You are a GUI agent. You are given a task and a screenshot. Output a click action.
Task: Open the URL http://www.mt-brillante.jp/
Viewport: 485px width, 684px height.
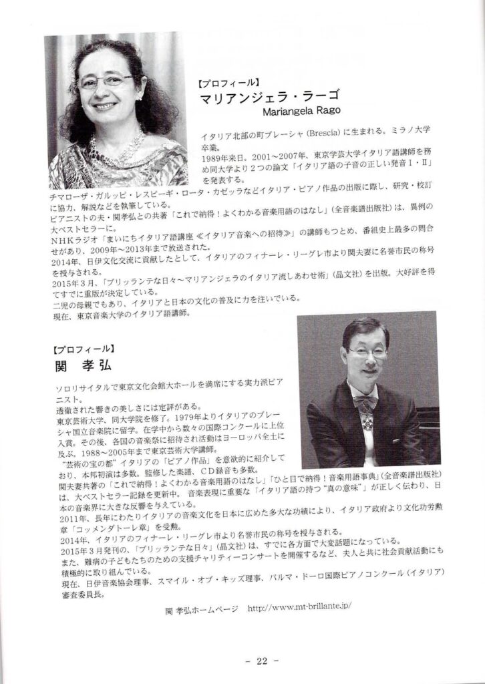[x=299, y=609]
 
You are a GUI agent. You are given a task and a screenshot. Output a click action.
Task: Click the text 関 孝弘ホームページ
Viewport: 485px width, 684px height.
[x=201, y=609]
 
